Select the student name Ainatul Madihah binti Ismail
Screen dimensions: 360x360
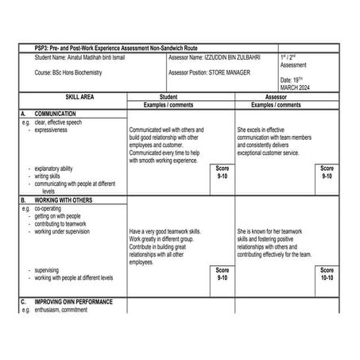coord(80,59)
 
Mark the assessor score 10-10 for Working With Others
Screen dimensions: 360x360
coord(327,274)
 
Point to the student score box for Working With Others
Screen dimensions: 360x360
coord(222,274)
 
